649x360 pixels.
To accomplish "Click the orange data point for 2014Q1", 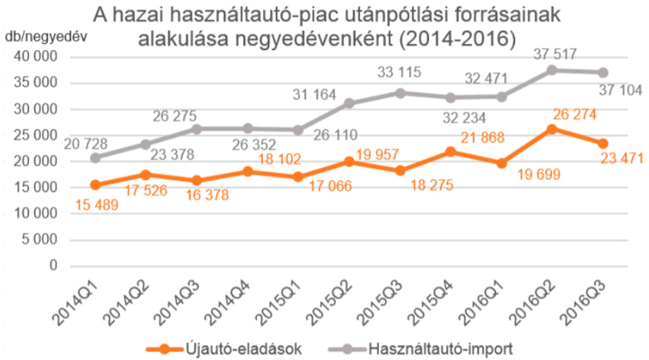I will click(95, 185).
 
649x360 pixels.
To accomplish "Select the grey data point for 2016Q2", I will click(551, 70).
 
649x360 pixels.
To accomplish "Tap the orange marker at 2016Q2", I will click(551, 129).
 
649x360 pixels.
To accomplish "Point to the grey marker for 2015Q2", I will click(349, 103).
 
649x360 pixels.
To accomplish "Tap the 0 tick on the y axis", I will click(53, 266).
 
